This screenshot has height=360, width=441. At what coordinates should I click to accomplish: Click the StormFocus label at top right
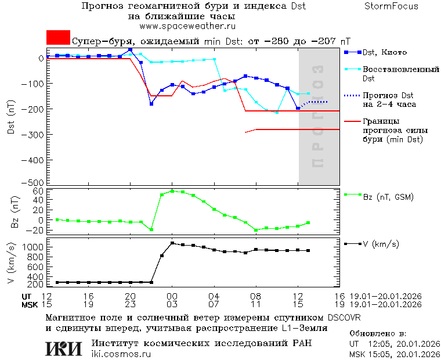point(391,6)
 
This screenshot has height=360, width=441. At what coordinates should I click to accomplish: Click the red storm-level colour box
point(58,38)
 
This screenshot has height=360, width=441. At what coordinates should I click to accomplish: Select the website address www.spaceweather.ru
point(187,26)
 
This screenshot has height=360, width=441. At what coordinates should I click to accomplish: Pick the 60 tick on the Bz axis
point(39,191)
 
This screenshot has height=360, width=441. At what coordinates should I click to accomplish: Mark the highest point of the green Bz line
point(172,190)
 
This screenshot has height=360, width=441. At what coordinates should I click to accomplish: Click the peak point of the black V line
point(172,243)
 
